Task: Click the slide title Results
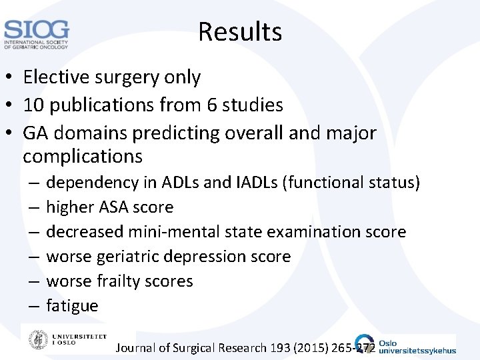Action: click(x=240, y=31)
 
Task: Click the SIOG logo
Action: click(x=36, y=34)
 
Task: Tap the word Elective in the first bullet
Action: click(x=51, y=77)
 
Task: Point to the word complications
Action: click(x=83, y=157)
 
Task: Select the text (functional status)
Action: click(x=353, y=182)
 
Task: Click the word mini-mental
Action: click(x=176, y=232)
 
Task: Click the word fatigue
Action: click(x=72, y=306)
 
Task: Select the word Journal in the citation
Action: click(x=137, y=348)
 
